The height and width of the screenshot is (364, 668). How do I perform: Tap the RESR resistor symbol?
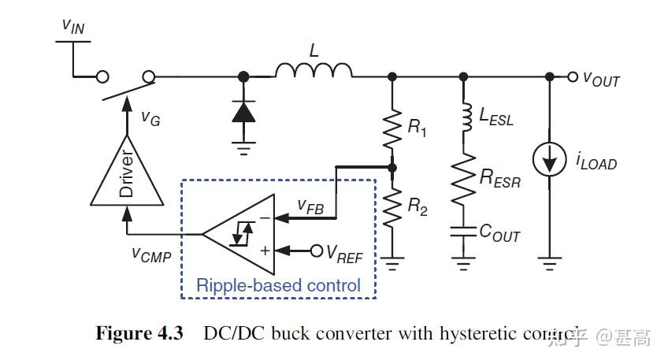(x=462, y=178)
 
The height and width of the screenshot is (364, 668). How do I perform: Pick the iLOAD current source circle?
(x=548, y=160)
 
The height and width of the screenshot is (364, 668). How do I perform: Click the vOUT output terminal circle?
(x=573, y=76)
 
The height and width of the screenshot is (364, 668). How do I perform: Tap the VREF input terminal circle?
(x=317, y=251)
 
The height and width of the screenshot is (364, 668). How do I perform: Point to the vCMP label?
(x=150, y=254)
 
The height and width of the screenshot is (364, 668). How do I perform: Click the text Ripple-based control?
(x=278, y=284)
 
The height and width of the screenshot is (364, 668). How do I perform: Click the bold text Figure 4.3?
(x=139, y=334)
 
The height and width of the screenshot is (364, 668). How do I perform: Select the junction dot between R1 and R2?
(x=392, y=167)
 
